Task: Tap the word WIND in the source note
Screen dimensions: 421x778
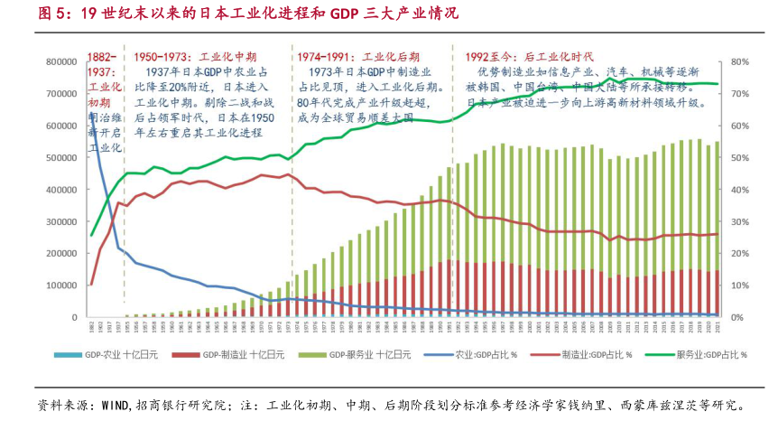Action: tap(115, 405)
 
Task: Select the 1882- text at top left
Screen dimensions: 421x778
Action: tap(100, 55)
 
